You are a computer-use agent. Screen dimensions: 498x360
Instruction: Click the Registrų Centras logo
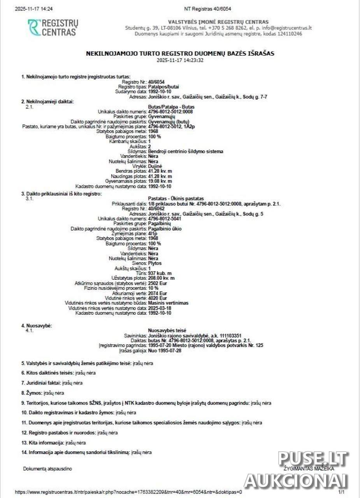tap(53, 28)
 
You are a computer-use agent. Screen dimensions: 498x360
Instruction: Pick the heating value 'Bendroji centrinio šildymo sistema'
tap(186, 151)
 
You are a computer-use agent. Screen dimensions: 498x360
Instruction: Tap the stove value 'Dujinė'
tap(155, 166)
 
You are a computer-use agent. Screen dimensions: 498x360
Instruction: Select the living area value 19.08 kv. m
tap(160, 181)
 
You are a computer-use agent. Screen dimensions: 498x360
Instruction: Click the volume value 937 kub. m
tap(160, 273)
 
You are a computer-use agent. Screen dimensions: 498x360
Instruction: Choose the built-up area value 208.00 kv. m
tap(161, 278)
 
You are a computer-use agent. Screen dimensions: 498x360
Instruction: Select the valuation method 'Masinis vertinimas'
tap(169, 303)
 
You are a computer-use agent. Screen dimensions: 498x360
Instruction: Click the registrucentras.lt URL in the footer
tap(128, 492)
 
